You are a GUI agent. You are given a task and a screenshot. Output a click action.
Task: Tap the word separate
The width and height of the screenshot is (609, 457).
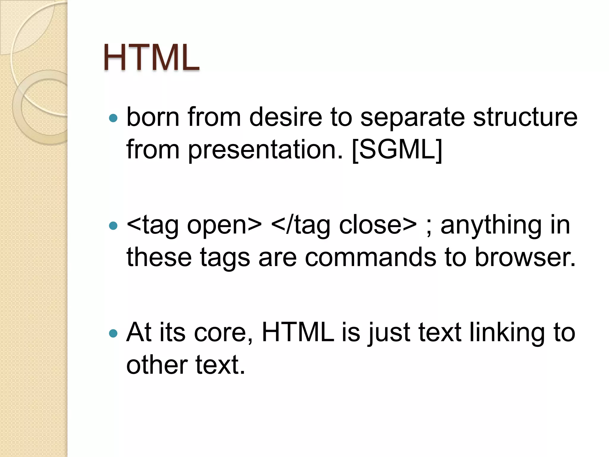coord(412,118)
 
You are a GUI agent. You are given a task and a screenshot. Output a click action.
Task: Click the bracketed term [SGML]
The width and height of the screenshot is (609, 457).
coord(397,150)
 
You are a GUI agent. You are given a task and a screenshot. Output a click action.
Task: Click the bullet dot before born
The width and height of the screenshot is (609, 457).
coord(113,118)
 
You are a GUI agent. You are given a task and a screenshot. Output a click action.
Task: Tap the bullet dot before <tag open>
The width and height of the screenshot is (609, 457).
coord(113,226)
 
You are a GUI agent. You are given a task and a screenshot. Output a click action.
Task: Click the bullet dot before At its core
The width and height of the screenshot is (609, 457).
coord(113,333)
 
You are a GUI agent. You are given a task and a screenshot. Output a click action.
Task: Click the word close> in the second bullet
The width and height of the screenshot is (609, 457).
coord(378,225)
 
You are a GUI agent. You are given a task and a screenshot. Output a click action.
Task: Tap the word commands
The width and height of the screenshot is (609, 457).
coord(370,257)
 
